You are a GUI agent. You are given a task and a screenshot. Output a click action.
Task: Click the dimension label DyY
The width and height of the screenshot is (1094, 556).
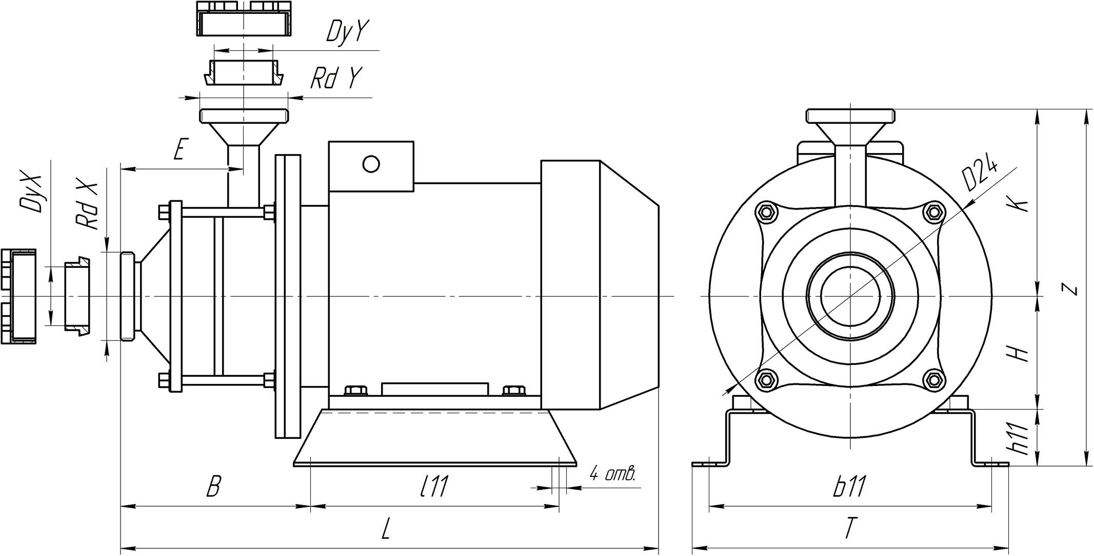347,32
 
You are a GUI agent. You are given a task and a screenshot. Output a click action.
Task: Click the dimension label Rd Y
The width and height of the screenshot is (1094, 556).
335,79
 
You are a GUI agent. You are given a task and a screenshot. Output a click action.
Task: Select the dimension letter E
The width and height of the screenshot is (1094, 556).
178,150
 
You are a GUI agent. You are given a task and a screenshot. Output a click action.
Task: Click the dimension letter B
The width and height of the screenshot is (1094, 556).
213,486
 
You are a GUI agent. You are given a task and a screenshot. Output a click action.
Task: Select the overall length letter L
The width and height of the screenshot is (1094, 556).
387,528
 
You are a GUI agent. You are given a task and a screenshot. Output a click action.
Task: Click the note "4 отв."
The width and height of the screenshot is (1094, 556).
612,473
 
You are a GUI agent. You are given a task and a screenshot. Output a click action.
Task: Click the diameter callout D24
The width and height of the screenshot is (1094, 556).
980,176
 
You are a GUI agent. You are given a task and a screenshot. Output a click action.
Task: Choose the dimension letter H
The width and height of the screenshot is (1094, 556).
1018,353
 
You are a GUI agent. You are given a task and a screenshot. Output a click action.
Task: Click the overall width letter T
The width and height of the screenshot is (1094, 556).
850,528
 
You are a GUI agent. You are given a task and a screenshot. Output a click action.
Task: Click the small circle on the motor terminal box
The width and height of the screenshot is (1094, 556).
371,164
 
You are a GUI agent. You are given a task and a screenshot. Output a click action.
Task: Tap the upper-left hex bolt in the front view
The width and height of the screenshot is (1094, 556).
767,212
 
